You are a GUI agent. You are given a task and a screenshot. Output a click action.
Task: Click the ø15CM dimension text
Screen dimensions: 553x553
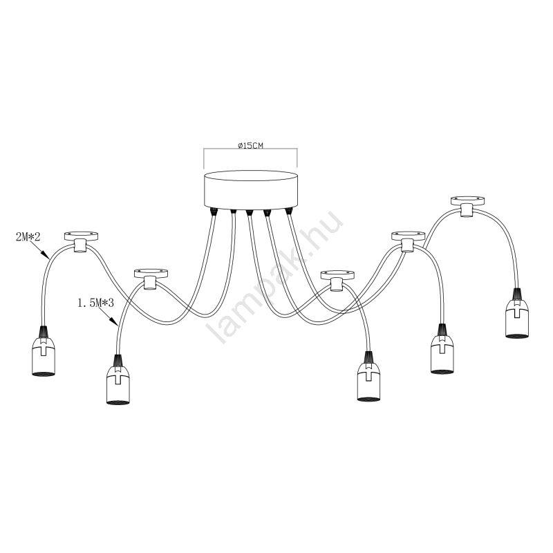point(250,146)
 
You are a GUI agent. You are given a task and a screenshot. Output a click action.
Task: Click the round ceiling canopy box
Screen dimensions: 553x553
point(250,187)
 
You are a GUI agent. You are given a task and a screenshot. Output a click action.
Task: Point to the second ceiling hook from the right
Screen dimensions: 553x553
point(406,239)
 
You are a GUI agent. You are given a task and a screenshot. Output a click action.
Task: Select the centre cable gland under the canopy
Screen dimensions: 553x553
point(250,211)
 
